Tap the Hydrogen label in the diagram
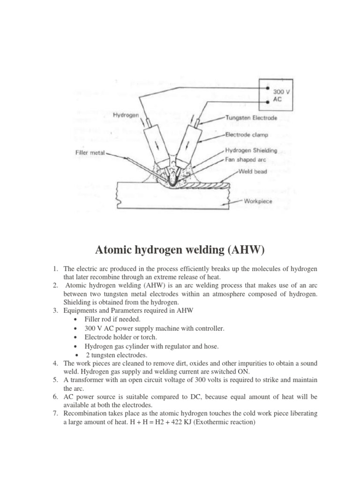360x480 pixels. (126, 114)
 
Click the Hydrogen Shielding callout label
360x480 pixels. (251, 150)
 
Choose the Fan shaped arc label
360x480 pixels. (246, 160)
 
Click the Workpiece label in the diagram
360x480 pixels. (258, 202)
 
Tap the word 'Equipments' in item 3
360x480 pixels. (81, 310)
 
